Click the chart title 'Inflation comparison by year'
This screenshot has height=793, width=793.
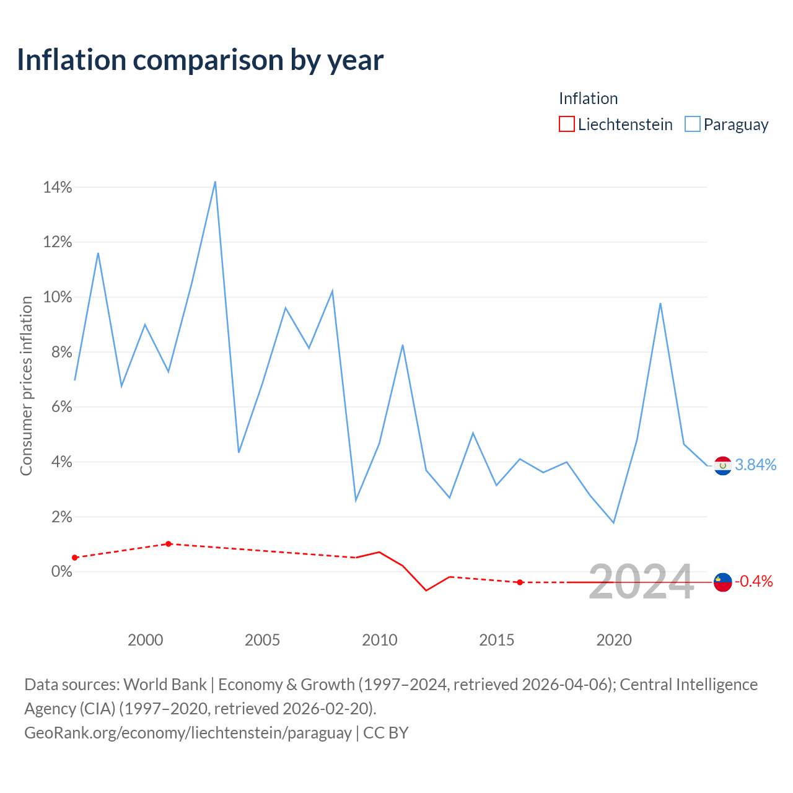tap(200, 61)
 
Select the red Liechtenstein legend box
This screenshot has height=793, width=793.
tap(566, 124)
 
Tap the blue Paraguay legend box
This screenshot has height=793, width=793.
tap(692, 124)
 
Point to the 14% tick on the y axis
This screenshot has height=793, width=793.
tap(58, 187)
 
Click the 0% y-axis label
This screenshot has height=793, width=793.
tap(62, 571)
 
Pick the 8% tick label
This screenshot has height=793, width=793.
tap(62, 352)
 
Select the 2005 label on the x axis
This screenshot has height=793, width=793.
tap(262, 640)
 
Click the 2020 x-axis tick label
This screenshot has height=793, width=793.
tap(613, 640)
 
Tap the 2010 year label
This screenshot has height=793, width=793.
tap(379, 640)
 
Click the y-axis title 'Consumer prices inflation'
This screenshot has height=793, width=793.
tap(26, 385)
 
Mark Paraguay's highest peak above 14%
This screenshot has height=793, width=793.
tap(215, 182)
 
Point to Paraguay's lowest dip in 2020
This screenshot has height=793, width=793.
tap(613, 523)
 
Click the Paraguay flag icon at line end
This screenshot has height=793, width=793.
tap(722, 466)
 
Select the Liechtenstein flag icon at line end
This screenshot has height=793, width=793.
tap(722, 582)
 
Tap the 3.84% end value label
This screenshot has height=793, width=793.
tap(756, 465)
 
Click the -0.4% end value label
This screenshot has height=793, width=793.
tap(754, 582)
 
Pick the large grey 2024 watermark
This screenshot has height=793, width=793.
tap(642, 582)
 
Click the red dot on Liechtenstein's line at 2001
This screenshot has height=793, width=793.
tap(169, 544)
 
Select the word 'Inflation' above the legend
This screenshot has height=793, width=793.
tap(588, 99)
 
